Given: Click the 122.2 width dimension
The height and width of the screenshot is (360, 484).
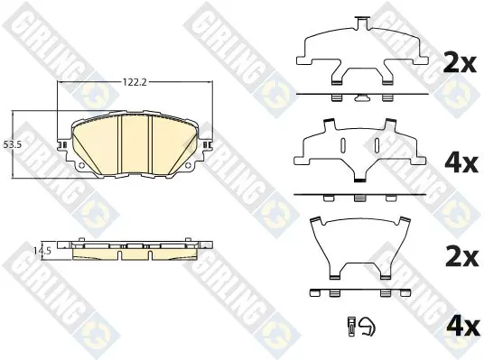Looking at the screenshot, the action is [x=135, y=82].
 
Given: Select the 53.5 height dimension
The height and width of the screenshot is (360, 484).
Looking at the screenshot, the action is [x=12, y=144].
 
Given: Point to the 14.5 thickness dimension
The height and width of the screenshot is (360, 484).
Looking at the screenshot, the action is [x=42, y=251].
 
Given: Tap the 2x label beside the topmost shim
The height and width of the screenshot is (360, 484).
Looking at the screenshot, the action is [x=460, y=64].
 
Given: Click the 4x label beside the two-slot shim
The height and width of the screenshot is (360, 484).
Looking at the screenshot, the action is [x=461, y=164].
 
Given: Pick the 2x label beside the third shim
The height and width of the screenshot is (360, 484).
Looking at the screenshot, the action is [x=461, y=258].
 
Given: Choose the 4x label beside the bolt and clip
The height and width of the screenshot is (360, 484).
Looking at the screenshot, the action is [x=461, y=327].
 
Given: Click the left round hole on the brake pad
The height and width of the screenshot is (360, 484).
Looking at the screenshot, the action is [x=81, y=165].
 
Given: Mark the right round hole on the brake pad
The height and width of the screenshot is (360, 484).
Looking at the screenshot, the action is [x=188, y=165].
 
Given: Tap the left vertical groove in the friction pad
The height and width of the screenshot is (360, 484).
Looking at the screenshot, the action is [x=119, y=145].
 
